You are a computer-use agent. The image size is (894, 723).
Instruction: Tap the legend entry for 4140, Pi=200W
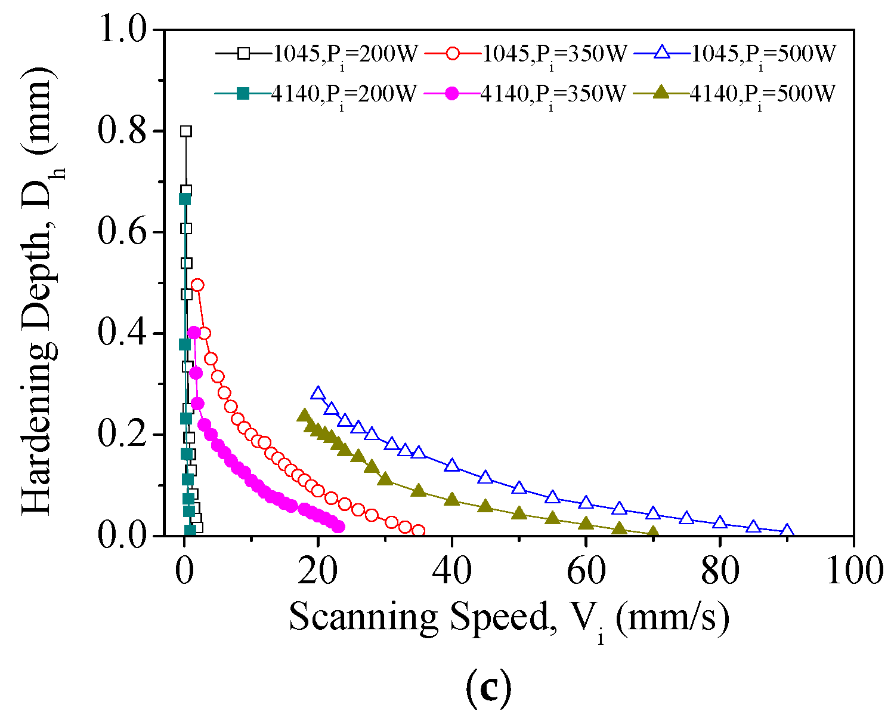pos(315,94)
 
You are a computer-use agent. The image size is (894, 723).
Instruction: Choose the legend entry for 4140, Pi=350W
pos(524,94)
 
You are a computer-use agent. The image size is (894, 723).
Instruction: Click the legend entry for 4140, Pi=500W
pos(734,94)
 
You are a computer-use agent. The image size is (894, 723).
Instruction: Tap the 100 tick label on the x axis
pos(853,571)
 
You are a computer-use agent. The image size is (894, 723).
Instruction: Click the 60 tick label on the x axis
pos(586,571)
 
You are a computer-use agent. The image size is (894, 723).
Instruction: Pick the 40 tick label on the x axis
pos(452,571)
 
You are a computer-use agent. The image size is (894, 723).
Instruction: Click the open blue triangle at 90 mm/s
pos(787,531)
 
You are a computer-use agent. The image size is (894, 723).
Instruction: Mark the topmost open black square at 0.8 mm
pos(186,131)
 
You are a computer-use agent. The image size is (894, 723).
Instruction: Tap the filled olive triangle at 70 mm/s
pos(653,533)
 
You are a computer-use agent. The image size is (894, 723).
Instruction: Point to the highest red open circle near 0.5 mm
pos(197,285)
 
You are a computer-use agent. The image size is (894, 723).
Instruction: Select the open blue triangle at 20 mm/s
pos(318,393)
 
